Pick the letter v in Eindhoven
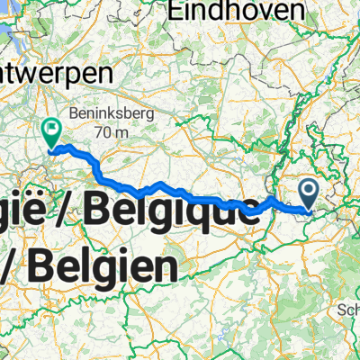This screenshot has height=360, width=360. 245,13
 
